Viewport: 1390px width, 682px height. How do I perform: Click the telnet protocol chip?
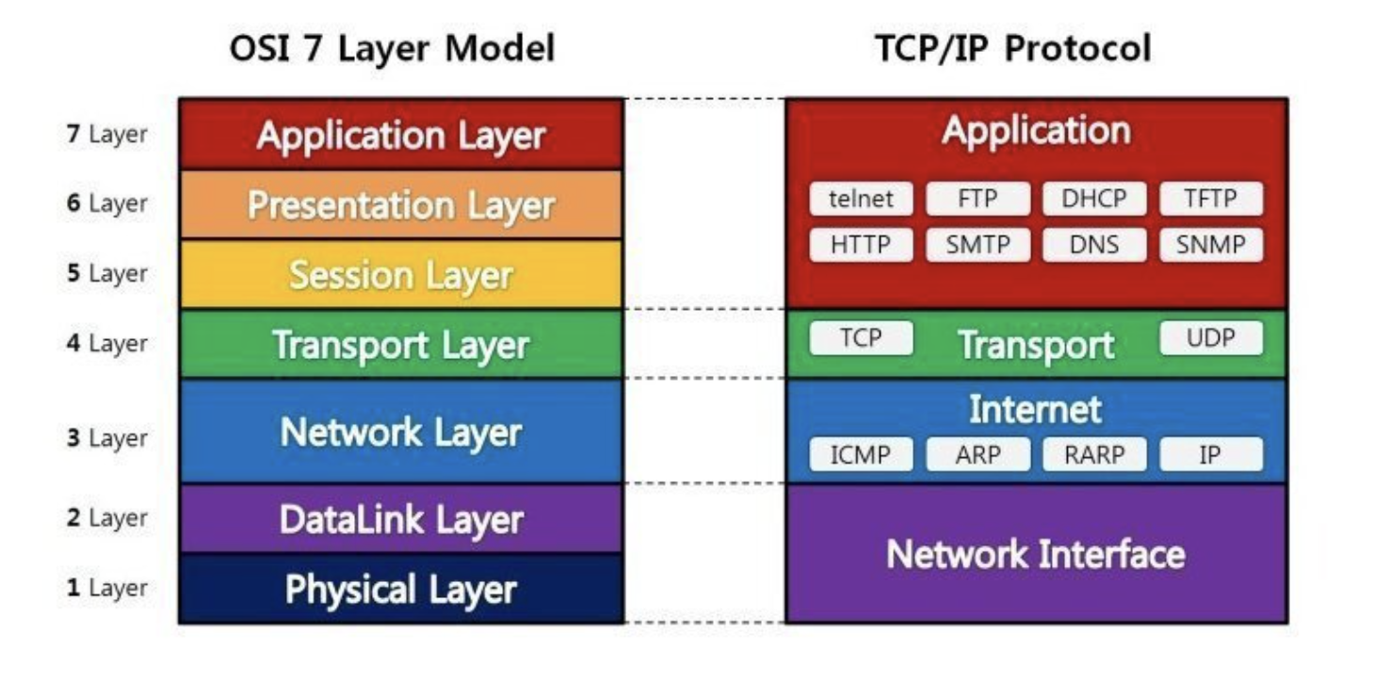861,199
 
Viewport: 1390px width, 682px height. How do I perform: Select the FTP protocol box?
978,199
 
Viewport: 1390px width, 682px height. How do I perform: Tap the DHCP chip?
1094,199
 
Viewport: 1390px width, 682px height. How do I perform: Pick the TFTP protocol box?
1211,199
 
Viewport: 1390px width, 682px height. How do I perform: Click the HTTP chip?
861,245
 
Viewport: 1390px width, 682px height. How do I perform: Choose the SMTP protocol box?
978,245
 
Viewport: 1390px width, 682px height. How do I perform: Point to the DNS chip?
1094,245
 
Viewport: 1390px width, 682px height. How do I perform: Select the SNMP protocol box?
1211,245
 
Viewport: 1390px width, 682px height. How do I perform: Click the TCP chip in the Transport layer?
861,338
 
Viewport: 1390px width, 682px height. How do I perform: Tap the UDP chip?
1211,338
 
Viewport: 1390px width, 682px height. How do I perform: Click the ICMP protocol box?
861,455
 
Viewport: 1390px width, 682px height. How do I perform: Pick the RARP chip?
1094,455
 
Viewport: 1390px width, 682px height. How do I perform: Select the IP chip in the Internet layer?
1211,455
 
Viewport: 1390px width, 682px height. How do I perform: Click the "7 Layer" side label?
107,134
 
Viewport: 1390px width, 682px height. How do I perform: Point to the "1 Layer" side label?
107,589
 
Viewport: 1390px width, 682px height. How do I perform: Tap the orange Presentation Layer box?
400,204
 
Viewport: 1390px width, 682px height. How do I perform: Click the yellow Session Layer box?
400,274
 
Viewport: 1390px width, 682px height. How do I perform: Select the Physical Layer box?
400,590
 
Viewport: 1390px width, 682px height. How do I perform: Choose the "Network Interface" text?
1036,554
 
